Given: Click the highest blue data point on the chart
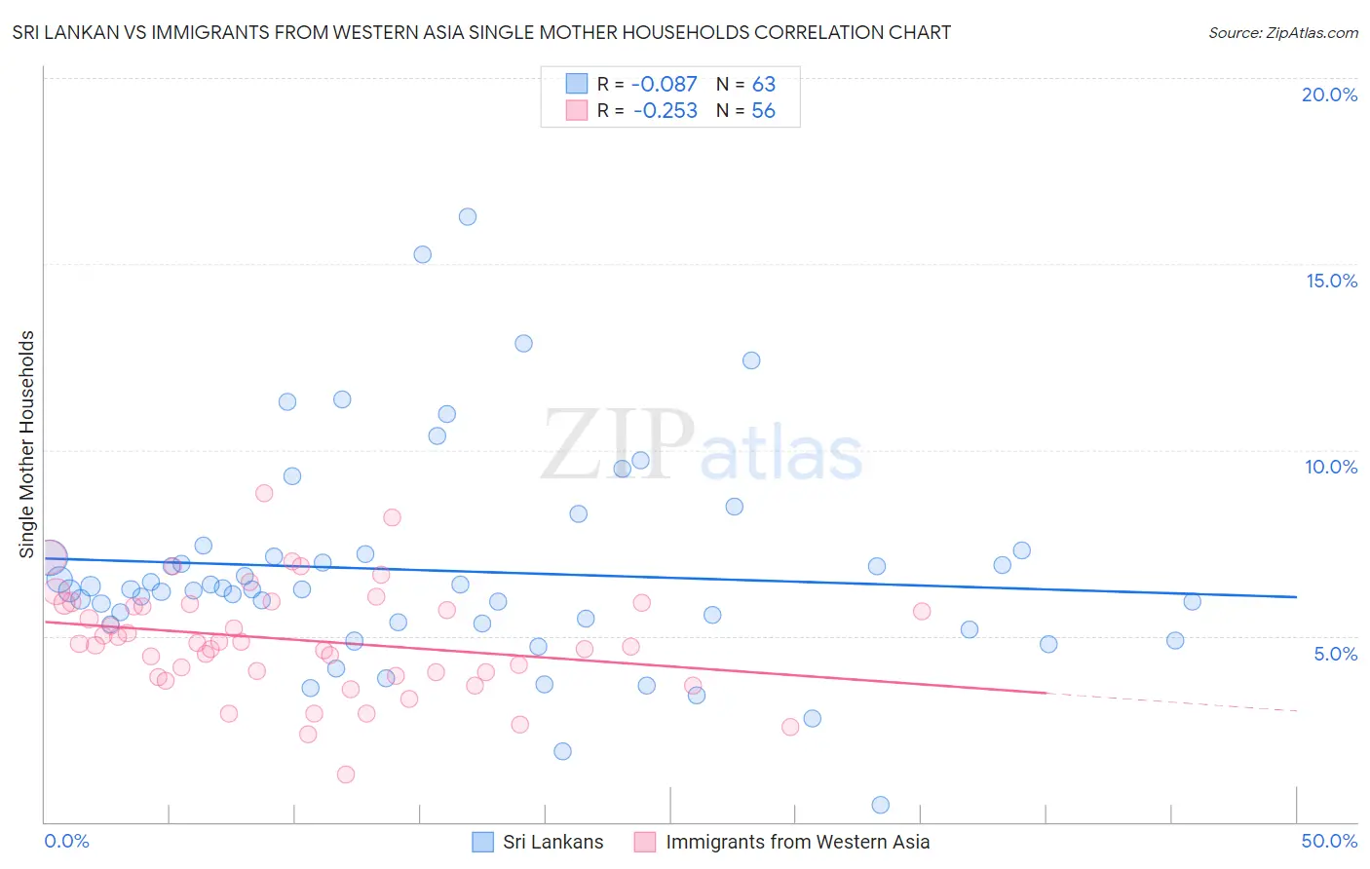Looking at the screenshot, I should click(468, 217).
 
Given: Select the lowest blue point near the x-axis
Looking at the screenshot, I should click(881, 805).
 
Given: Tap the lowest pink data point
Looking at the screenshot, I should click(346, 775).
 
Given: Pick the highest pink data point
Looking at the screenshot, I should click(264, 493).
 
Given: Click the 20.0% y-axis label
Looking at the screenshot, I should click(1329, 94).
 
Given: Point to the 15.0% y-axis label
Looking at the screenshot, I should click(1331, 281).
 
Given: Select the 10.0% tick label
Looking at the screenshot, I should click(1331, 467).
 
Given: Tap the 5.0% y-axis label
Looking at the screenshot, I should click(1335, 654).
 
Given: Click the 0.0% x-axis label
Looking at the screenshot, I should click(66, 841).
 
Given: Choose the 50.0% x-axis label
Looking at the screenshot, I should click(1329, 841).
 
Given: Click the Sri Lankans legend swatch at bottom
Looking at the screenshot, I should click(482, 842).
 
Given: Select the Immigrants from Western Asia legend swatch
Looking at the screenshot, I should click(645, 842).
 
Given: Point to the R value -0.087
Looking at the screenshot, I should click(665, 85).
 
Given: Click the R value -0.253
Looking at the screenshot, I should click(665, 111).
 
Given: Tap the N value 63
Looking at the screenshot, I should click(764, 85).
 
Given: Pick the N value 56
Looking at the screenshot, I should click(764, 111).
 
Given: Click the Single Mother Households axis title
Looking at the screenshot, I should click(27, 444).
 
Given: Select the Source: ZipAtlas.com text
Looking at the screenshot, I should click(1282, 33).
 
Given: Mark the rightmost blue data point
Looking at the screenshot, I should click(1193, 601).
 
